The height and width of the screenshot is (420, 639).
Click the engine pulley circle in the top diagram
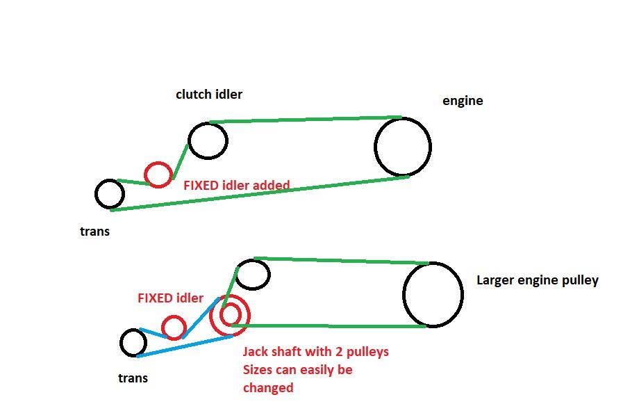tap(402, 147)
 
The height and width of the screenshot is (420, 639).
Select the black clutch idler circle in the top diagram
tap(208, 140)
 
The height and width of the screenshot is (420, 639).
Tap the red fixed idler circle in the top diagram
tap(158, 174)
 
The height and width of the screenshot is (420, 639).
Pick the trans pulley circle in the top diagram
tap(109, 194)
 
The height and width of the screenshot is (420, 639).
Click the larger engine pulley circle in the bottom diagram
tap(433, 294)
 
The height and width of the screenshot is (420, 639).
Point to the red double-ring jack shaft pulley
tap(230, 315)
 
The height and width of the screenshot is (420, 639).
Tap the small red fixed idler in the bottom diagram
tap(173, 328)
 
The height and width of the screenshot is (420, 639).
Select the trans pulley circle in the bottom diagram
tap(133, 343)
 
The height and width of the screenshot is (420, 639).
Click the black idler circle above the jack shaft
tap(253, 275)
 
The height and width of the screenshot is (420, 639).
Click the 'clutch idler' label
tap(208, 94)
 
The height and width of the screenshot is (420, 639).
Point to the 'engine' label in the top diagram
tap(463, 100)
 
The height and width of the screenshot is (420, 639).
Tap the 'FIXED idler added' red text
tap(236, 186)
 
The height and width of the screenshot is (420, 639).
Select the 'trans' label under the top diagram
tap(94, 232)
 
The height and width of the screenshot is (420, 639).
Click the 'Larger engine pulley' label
tap(537, 280)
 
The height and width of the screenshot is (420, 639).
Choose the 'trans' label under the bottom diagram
tap(133, 378)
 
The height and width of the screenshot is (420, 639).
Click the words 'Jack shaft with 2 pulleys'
tap(315, 351)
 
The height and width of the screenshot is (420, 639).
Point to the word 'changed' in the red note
tap(267, 388)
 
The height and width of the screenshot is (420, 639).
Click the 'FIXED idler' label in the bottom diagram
tap(170, 298)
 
